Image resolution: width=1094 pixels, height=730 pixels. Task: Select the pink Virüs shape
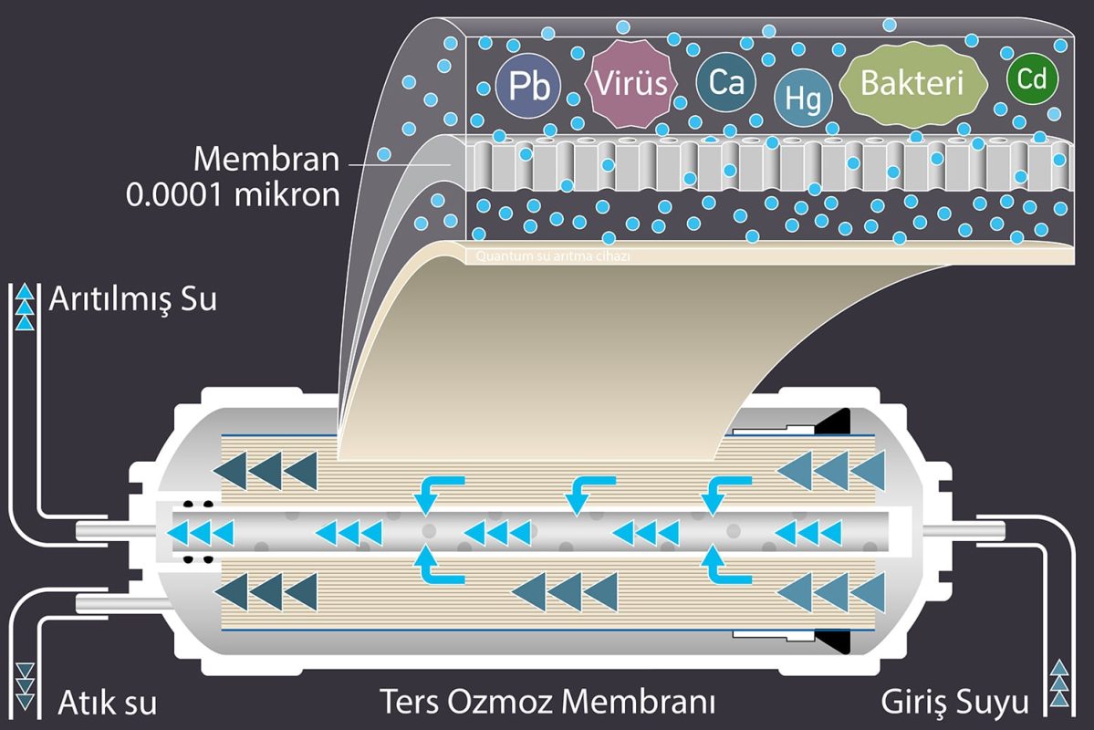pyautogui.click(x=631, y=84)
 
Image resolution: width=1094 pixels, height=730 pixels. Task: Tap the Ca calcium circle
pyautogui.click(x=726, y=84)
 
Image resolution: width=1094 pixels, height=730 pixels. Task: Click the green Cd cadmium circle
pyautogui.click(x=1032, y=80)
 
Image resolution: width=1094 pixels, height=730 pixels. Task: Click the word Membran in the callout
pyautogui.click(x=266, y=161)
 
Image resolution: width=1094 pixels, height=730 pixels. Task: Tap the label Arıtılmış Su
pyautogui.click(x=134, y=298)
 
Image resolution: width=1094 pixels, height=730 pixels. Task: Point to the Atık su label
pyautogui.click(x=108, y=704)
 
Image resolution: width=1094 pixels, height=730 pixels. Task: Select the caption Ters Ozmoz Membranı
pyautogui.click(x=547, y=704)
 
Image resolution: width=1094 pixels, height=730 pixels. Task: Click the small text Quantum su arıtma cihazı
pyautogui.click(x=553, y=256)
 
